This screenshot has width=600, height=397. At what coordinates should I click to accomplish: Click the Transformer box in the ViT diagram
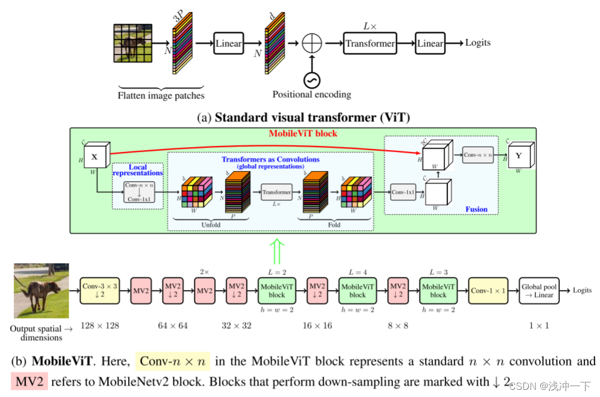(370, 43)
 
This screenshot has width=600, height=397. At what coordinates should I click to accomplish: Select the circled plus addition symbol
(312, 44)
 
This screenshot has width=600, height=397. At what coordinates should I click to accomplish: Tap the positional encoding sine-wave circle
(312, 79)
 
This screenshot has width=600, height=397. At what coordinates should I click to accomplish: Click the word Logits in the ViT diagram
(477, 42)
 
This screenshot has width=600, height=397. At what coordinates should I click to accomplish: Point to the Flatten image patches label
(161, 95)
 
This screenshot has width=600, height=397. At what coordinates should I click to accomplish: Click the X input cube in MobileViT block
(95, 157)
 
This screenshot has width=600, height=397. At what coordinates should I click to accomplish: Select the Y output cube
(519, 157)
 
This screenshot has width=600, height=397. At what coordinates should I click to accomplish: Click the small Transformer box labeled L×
(276, 192)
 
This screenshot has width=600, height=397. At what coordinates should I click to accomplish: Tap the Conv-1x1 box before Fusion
(403, 192)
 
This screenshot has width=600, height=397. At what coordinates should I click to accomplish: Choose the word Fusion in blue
(476, 209)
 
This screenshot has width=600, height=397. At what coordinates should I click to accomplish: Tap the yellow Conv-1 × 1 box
(488, 291)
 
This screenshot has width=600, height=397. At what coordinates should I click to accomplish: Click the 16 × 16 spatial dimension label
(316, 325)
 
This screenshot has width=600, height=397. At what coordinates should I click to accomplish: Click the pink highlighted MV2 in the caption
(29, 381)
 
